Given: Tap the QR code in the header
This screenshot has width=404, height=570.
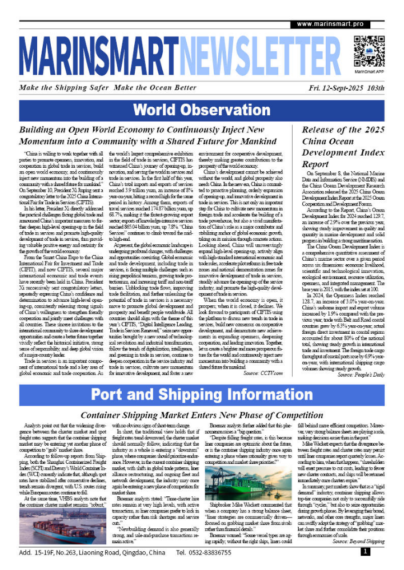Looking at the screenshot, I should (x=368, y=50).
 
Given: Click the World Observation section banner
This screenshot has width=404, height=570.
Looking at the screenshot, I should (x=202, y=109).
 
